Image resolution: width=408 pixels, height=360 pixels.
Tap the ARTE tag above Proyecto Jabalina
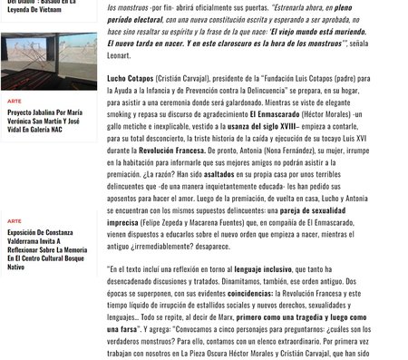click(14, 102)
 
